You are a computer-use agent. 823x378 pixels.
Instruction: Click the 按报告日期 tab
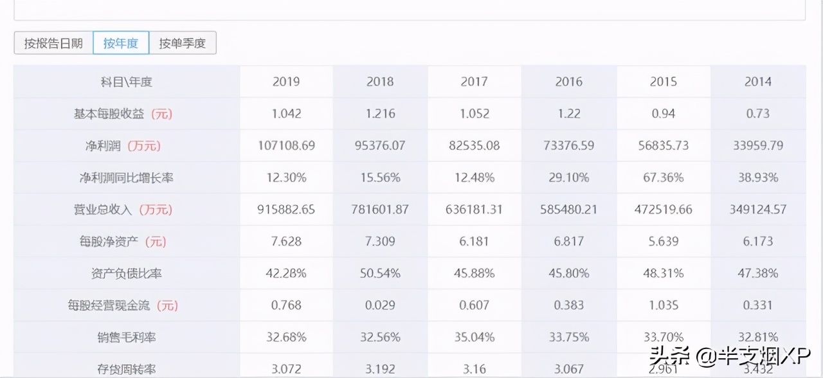[x=53, y=43]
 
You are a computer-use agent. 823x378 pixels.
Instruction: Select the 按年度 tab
[x=121, y=43]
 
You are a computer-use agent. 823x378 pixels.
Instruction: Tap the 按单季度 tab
[x=183, y=43]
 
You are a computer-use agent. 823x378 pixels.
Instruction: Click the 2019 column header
[x=286, y=82]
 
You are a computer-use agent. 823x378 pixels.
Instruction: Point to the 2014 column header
[x=758, y=82]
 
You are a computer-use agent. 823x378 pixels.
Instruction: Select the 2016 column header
[x=569, y=82]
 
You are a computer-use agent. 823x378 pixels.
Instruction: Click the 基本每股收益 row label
[x=123, y=114]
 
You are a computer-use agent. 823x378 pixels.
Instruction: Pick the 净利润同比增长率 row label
[x=127, y=177]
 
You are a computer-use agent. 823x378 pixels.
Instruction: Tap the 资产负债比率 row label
[x=127, y=273]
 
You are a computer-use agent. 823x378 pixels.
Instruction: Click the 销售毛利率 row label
[x=127, y=337]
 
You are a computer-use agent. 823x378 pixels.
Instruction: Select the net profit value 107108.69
[x=286, y=145]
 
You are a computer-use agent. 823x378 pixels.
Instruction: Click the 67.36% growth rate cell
[x=664, y=177]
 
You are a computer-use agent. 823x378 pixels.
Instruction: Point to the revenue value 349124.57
[x=758, y=210]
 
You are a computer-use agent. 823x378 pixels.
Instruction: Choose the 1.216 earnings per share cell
[x=380, y=114]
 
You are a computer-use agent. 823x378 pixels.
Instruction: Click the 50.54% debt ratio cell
[x=380, y=273]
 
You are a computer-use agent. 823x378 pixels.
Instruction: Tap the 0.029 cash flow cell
[x=380, y=305]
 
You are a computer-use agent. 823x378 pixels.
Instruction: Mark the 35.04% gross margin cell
[x=475, y=337]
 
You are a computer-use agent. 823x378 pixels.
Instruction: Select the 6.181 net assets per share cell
[x=475, y=242]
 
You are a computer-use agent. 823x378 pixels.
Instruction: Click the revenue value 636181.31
[x=475, y=210]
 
